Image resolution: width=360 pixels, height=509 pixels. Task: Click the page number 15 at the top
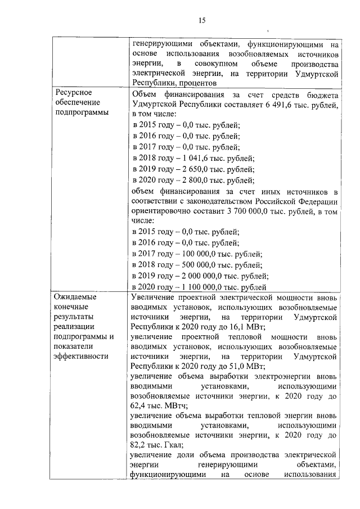(x=202, y=21)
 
